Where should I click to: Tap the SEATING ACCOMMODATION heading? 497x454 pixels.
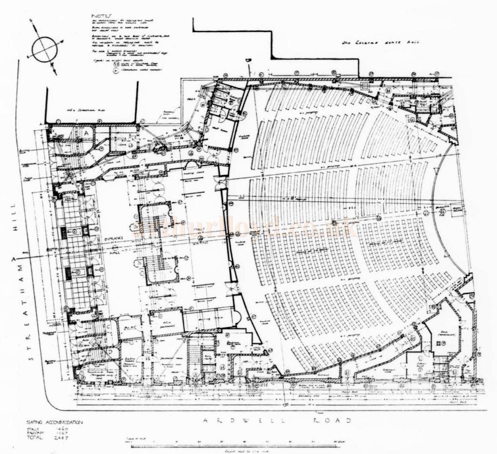pos(55,423)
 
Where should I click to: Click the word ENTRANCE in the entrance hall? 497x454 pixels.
pos(113,240)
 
